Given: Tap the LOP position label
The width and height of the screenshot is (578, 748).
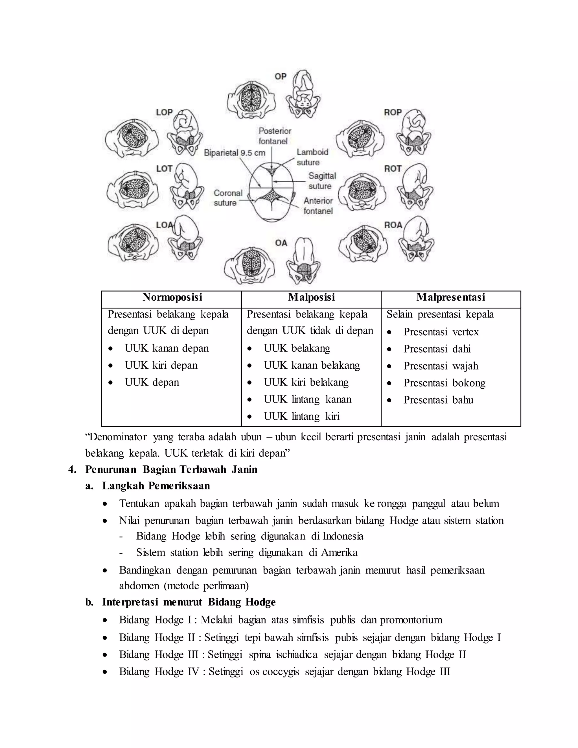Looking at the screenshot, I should (x=164, y=112).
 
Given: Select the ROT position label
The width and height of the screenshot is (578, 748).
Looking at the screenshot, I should (x=392, y=169).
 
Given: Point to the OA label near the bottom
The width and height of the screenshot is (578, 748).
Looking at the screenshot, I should (x=281, y=243).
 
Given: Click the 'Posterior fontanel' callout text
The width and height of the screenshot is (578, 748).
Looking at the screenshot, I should (x=275, y=136).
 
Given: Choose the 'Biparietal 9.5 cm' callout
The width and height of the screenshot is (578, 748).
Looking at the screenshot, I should (x=235, y=153).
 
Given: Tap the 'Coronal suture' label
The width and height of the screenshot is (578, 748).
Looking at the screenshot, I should (x=228, y=198).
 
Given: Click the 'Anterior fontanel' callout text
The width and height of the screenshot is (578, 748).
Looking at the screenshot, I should (x=318, y=206).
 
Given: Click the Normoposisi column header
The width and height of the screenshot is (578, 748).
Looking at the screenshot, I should (x=172, y=297).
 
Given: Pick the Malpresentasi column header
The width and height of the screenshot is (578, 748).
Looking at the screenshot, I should (x=451, y=297).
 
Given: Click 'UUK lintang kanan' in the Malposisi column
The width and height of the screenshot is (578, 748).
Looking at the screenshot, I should (x=308, y=399).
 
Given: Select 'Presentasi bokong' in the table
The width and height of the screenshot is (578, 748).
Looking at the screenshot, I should (x=444, y=383).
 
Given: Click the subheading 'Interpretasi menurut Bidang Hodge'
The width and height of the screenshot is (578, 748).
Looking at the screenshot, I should (x=189, y=602).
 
